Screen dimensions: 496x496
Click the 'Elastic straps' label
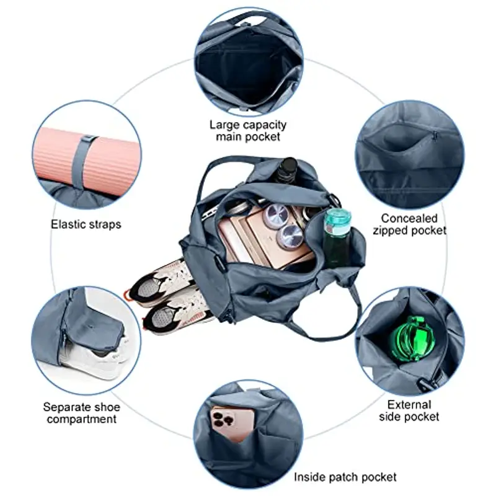click(x=86, y=224)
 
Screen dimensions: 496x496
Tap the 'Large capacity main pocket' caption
click(x=248, y=131)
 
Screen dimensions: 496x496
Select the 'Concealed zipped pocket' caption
click(x=409, y=224)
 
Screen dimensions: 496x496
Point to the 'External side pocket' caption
click(x=409, y=410)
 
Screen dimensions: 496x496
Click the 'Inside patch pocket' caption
click(x=345, y=477)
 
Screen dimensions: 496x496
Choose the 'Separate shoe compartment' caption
click(x=82, y=413)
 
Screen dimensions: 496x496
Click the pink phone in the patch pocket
click(x=232, y=424)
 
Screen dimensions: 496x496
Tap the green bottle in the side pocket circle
click(x=413, y=338)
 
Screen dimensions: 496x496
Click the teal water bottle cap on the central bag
click(x=337, y=217)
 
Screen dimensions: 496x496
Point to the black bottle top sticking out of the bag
click(x=287, y=168)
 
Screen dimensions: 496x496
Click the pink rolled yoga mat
click(x=86, y=158)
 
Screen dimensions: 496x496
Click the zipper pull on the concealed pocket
click(x=435, y=136)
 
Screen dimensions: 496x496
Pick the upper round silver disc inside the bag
click(x=275, y=215)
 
